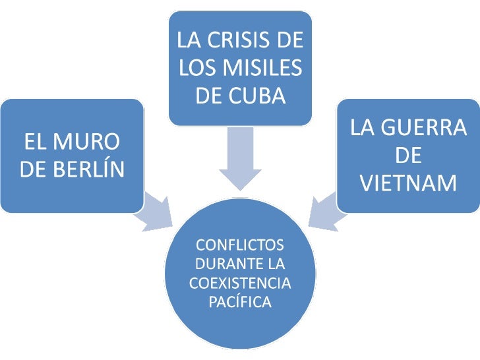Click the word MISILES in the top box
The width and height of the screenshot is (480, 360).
tap(265, 68)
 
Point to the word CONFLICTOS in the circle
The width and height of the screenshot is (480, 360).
tap(240, 245)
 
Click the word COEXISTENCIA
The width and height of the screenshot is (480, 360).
tap(240, 284)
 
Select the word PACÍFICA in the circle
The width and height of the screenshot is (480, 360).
tap(240, 303)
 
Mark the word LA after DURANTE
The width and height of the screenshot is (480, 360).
tap(276, 264)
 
